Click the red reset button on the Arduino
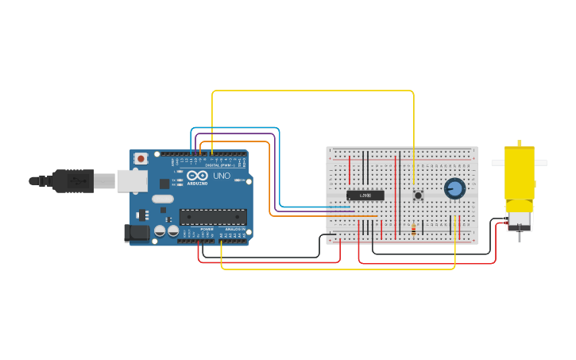(x=141, y=159)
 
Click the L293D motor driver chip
(x=365, y=195)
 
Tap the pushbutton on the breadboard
(x=418, y=195)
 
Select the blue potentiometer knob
(x=454, y=188)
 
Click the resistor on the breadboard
(x=413, y=230)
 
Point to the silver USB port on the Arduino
(x=131, y=181)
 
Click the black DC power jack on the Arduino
(x=137, y=233)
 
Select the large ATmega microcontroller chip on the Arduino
(x=212, y=217)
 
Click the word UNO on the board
(x=222, y=176)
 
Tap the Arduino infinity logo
(x=197, y=176)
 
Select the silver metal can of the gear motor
(x=520, y=219)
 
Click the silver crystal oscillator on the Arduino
(x=161, y=199)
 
